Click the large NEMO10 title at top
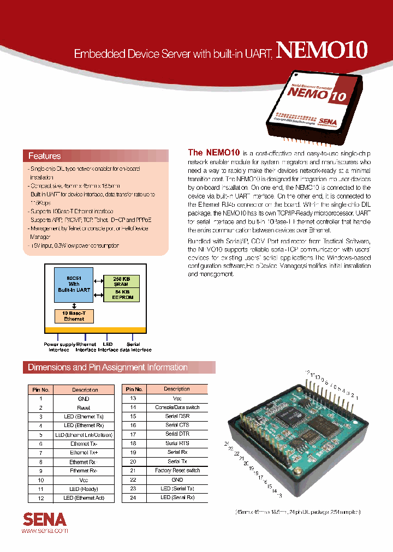321,50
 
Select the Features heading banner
45,156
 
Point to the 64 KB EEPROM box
121,295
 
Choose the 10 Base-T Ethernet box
74,316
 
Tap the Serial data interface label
133,347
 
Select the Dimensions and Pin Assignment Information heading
108,368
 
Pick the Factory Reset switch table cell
178,470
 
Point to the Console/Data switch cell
178,407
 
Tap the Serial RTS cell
178,443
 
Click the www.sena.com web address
45,530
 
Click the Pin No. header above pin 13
134,389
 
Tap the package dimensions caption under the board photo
298,512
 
